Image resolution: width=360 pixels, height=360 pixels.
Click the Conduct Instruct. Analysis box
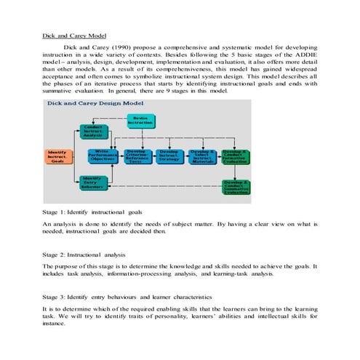point(92,131)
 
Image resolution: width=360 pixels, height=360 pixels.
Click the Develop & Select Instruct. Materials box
point(201,156)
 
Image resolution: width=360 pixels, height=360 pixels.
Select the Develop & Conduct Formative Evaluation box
point(235,156)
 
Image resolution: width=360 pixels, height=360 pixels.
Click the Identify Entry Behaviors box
point(92,182)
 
